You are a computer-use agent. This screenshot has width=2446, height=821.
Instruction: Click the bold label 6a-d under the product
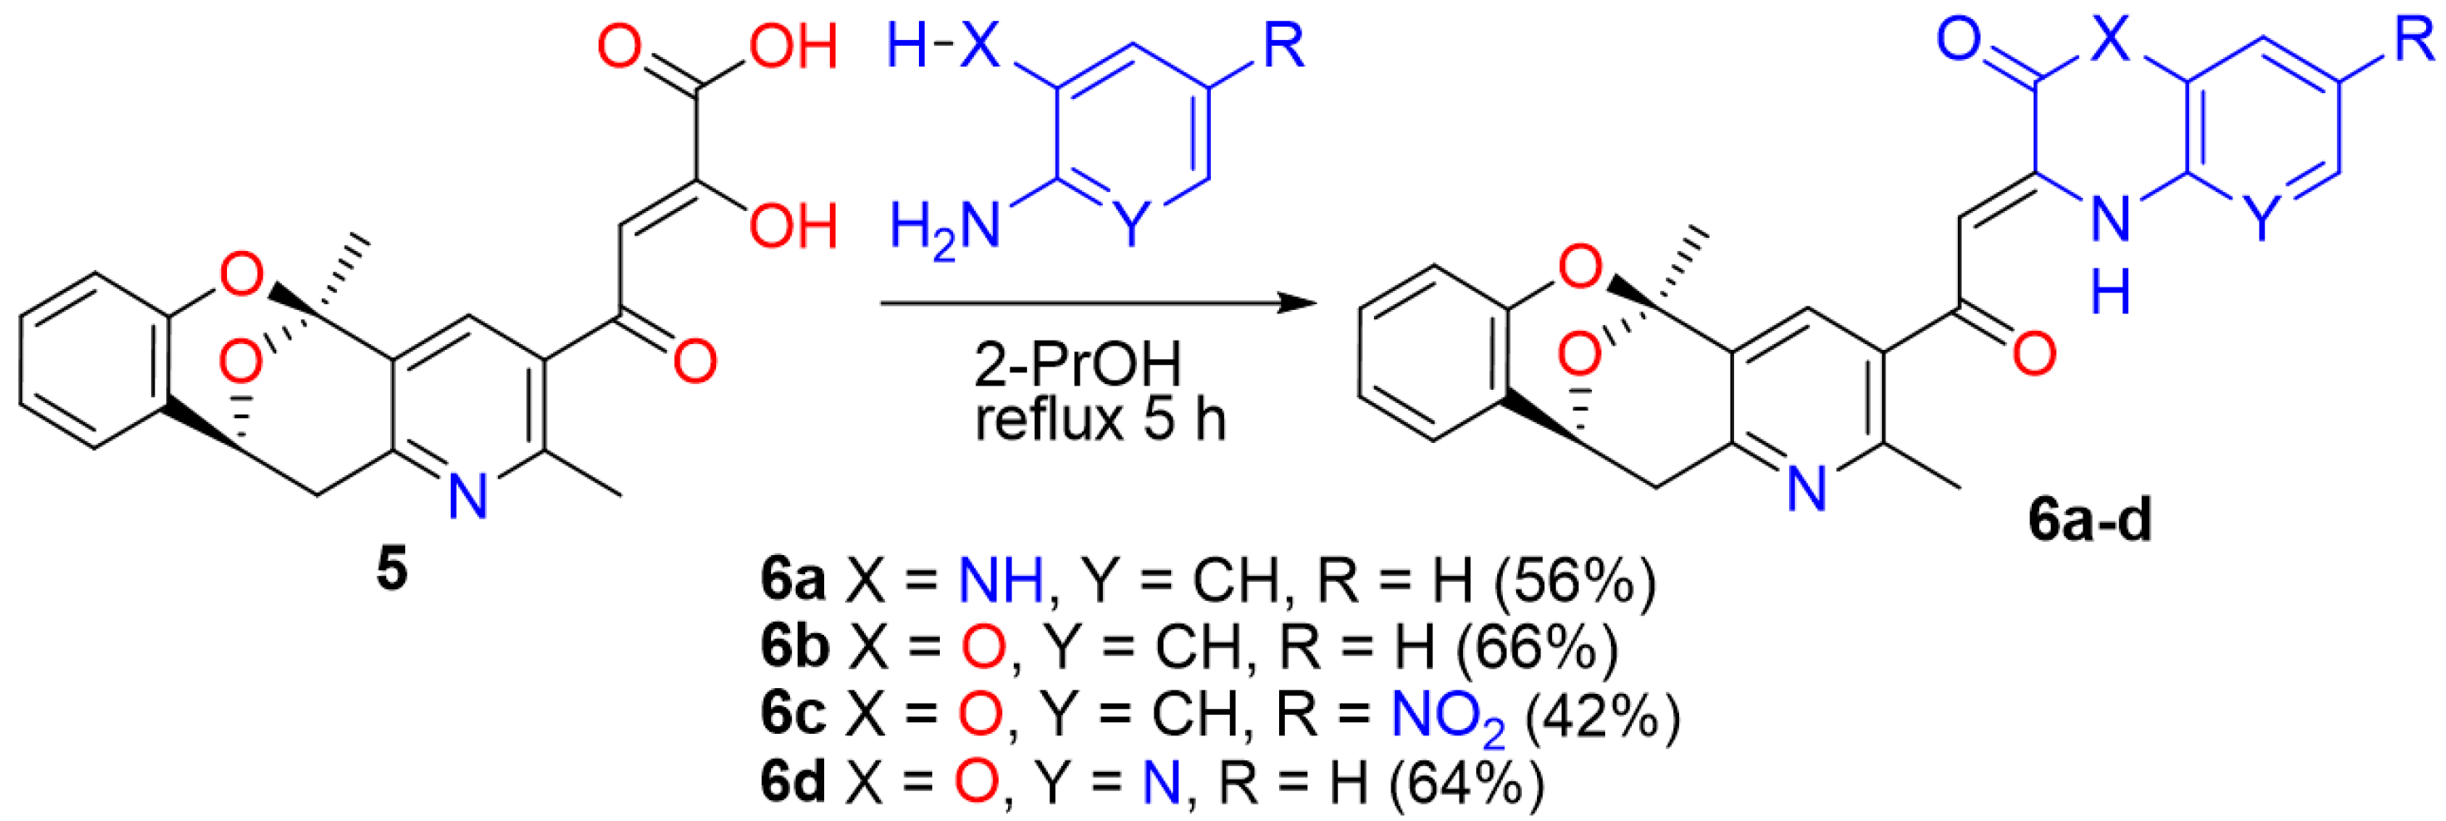coord(2090,520)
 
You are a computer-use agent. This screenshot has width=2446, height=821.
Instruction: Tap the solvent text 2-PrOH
coord(1078,363)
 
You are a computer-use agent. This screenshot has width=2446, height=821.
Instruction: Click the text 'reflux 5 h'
coord(1100,420)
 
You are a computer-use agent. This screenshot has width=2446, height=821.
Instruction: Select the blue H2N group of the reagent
coord(945,229)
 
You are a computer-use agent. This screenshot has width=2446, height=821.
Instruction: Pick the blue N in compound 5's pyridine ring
coord(467,495)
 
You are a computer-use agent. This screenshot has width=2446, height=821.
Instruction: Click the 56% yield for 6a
coord(1574,581)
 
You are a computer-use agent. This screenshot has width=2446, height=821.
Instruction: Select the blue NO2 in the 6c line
coord(1447,718)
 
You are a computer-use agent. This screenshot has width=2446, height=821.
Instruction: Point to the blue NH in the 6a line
coord(1001,581)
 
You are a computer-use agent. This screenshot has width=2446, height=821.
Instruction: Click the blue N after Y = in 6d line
coord(1160,784)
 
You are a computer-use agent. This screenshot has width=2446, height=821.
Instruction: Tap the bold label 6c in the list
coord(793,715)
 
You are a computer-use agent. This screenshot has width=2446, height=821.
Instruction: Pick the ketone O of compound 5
coord(694,361)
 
